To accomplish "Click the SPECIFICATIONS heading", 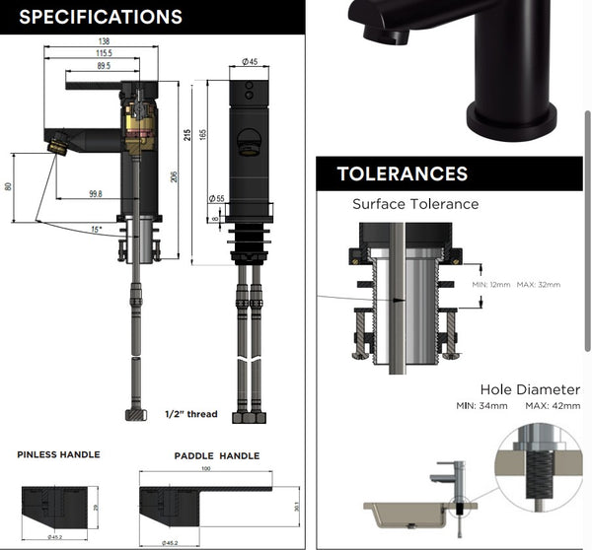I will (101, 17).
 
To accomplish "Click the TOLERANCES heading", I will (402, 174).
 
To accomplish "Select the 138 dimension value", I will (103, 40).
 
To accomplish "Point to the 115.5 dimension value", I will (104, 52).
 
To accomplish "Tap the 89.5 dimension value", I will (104, 66).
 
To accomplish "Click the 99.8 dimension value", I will (95, 194).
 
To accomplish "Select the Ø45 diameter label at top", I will (250, 62).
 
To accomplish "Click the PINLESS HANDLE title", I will (58, 454).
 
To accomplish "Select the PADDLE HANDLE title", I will (216, 455).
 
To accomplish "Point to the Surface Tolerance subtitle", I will (415, 204).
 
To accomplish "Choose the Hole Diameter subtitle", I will (530, 389).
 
